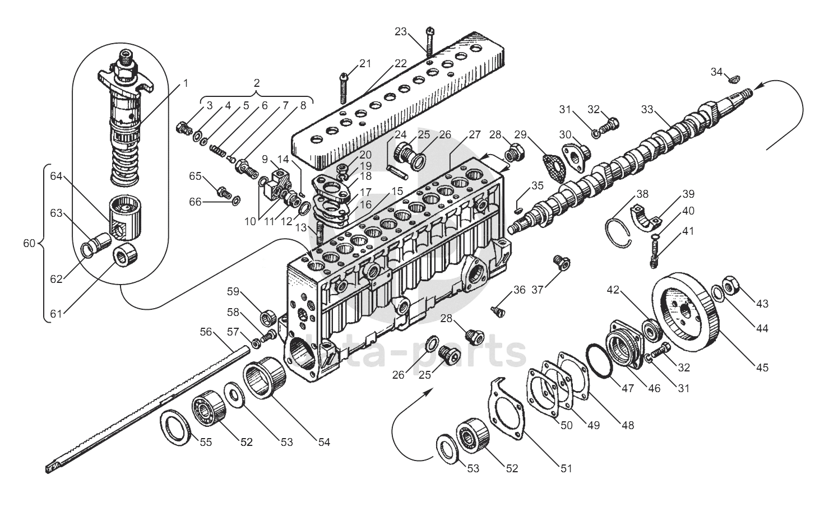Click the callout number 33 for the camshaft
[x=647, y=110]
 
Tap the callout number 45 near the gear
[x=762, y=368]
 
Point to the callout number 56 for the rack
[x=206, y=332]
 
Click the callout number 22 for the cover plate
[x=400, y=63]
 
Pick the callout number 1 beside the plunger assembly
[x=185, y=83]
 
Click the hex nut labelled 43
[x=731, y=287]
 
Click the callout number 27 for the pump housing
[x=475, y=134]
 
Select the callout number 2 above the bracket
[x=257, y=83]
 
